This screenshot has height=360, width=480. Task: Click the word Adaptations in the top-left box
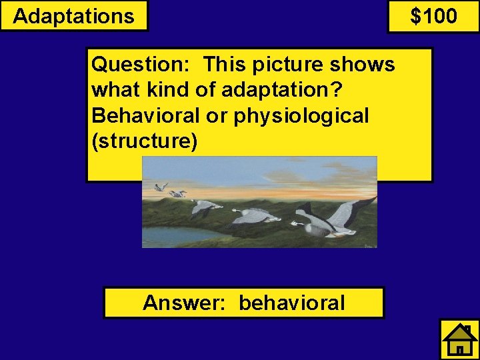pos(73,16)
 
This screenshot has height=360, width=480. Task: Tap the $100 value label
pos(433,16)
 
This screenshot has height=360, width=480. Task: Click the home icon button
pos(459,339)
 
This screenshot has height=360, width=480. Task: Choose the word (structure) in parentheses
pos(144,141)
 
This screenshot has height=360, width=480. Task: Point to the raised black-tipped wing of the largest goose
pos(347,210)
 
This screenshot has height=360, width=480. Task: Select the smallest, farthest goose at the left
pos(160,187)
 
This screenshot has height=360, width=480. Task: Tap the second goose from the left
pos(178,194)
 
